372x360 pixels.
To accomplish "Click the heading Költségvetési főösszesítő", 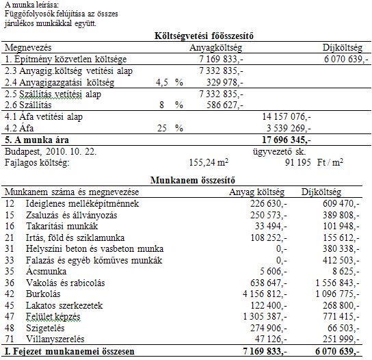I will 186,36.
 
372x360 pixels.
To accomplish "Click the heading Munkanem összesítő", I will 186,179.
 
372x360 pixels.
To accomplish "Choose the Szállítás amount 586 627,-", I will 222,105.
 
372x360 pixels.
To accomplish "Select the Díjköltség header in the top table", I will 345,48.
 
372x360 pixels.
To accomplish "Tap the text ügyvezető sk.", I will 278,150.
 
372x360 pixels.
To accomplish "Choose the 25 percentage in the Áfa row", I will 162,128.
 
